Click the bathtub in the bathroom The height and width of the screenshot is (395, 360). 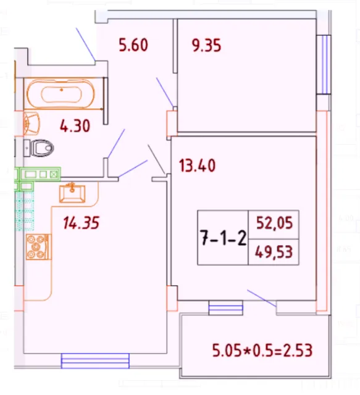(62, 94)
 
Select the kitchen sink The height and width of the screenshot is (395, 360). (72, 191)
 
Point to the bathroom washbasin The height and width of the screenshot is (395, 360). (31, 122)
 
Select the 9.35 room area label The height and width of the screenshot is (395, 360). (206, 45)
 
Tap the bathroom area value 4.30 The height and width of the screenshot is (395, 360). (75, 127)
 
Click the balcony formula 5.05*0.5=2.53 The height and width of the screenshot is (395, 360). (262, 352)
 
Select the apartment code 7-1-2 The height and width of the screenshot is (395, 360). (222, 238)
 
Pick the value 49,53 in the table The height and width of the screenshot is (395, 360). (274, 252)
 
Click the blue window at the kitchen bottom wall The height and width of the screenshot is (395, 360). (95, 360)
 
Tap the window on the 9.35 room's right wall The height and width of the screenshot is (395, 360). (322, 64)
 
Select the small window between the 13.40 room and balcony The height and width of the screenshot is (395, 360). (225, 307)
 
